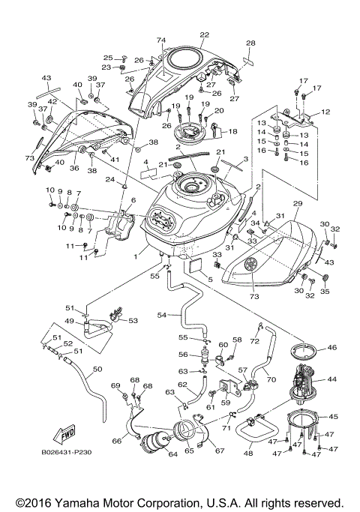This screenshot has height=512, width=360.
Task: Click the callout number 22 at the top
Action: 204,35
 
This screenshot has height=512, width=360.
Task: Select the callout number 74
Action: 160,40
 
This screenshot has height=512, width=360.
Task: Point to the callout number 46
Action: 332,349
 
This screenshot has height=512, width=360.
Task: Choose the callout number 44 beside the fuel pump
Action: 332,381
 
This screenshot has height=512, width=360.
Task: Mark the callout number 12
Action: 325,112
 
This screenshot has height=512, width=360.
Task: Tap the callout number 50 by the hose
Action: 97,370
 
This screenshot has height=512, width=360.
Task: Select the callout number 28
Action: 250,43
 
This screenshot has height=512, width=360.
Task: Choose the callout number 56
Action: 184,355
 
